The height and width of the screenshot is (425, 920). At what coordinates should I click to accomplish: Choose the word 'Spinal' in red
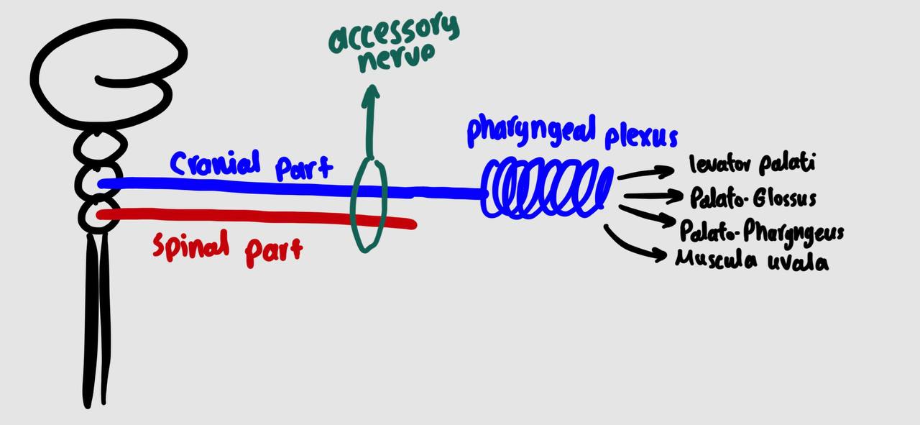[x=191, y=247]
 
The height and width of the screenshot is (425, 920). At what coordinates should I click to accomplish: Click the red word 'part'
[x=273, y=251]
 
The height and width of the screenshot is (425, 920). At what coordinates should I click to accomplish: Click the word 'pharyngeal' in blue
[x=531, y=132]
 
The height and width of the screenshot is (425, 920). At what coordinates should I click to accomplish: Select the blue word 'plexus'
[x=640, y=135]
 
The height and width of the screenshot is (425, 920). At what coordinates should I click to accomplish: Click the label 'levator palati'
[x=752, y=165]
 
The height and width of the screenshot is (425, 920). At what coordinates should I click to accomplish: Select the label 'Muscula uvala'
[x=752, y=260]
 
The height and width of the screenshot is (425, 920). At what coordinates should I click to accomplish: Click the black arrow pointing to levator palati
[x=645, y=173]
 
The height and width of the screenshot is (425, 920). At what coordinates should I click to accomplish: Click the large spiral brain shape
[x=108, y=72]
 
